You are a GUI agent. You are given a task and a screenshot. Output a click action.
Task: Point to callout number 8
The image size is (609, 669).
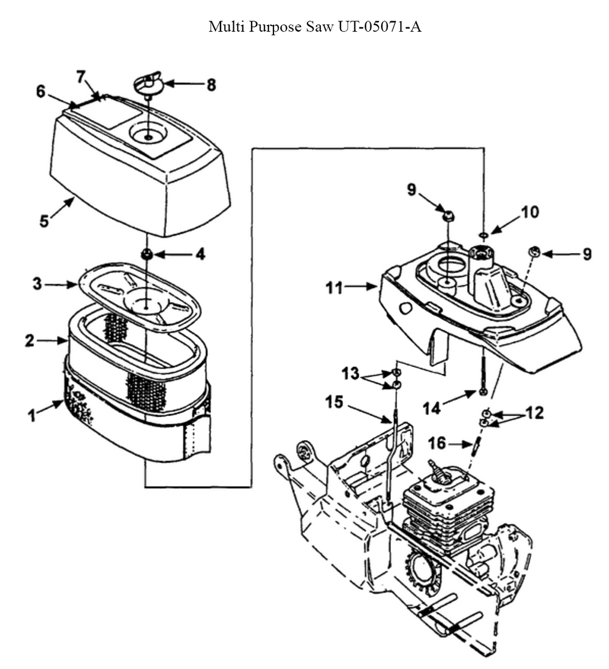coord(211,85)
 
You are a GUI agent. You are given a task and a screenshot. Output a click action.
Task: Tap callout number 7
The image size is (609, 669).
coord(81,77)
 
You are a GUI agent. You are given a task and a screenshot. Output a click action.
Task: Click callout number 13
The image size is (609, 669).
coord(353,373)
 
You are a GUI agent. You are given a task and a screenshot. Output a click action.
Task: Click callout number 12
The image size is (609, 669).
coord(535,414)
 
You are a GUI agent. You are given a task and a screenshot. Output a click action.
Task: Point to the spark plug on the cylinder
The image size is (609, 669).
coord(440,472)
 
